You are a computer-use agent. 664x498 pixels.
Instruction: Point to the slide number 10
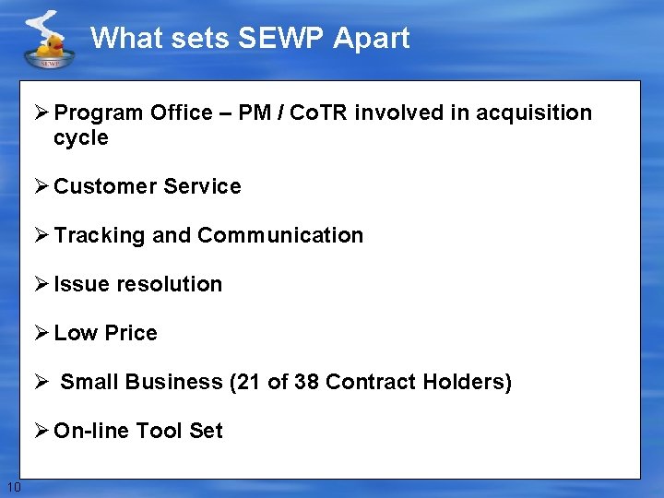click(x=13, y=487)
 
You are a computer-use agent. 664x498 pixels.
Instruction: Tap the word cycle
click(x=81, y=138)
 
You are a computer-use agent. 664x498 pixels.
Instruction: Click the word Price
click(x=133, y=333)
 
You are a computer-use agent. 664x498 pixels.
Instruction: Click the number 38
click(x=306, y=382)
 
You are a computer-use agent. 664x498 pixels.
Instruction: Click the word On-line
click(x=92, y=431)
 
